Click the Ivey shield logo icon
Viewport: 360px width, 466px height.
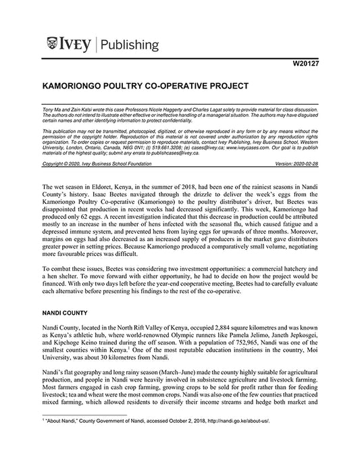[x=53, y=45]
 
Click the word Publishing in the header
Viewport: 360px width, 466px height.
[x=130, y=45]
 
